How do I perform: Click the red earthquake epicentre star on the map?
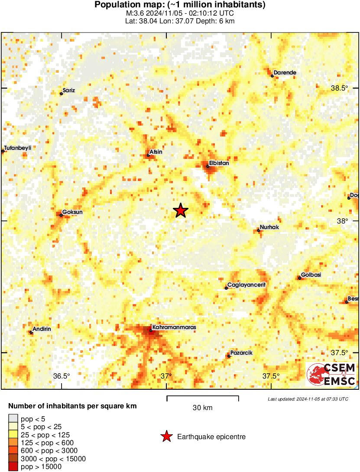pyautogui.click(x=181, y=210)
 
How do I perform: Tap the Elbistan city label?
pyautogui.click(x=219, y=163)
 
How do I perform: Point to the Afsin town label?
pyautogui.click(x=156, y=152)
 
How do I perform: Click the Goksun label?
pyautogui.click(x=72, y=212)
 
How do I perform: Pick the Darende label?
pyautogui.click(x=285, y=73)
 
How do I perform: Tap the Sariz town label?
pyautogui.click(x=69, y=90)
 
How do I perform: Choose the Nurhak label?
pyautogui.click(x=269, y=227)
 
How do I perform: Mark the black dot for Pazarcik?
pyautogui.click(x=229, y=356)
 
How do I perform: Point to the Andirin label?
pyautogui.click(x=42, y=329)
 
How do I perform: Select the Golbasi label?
pyautogui.click(x=311, y=275)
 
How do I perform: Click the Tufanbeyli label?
pyautogui.click(x=18, y=148)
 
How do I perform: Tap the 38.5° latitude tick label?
pyautogui.click(x=340, y=88)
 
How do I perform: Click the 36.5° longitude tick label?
pyautogui.click(x=62, y=376)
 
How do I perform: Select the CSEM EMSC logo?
pyautogui.click(x=331, y=375)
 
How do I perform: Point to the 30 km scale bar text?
pyautogui.click(x=202, y=407)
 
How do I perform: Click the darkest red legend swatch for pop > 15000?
pyautogui.click(x=13, y=466)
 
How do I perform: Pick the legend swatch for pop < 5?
pyautogui.click(x=13, y=419)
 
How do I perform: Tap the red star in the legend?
pyautogui.click(x=166, y=436)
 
